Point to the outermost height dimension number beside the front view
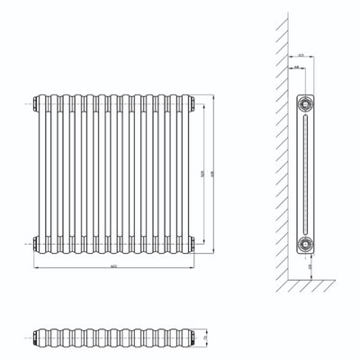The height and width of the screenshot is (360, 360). (x=212, y=170)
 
